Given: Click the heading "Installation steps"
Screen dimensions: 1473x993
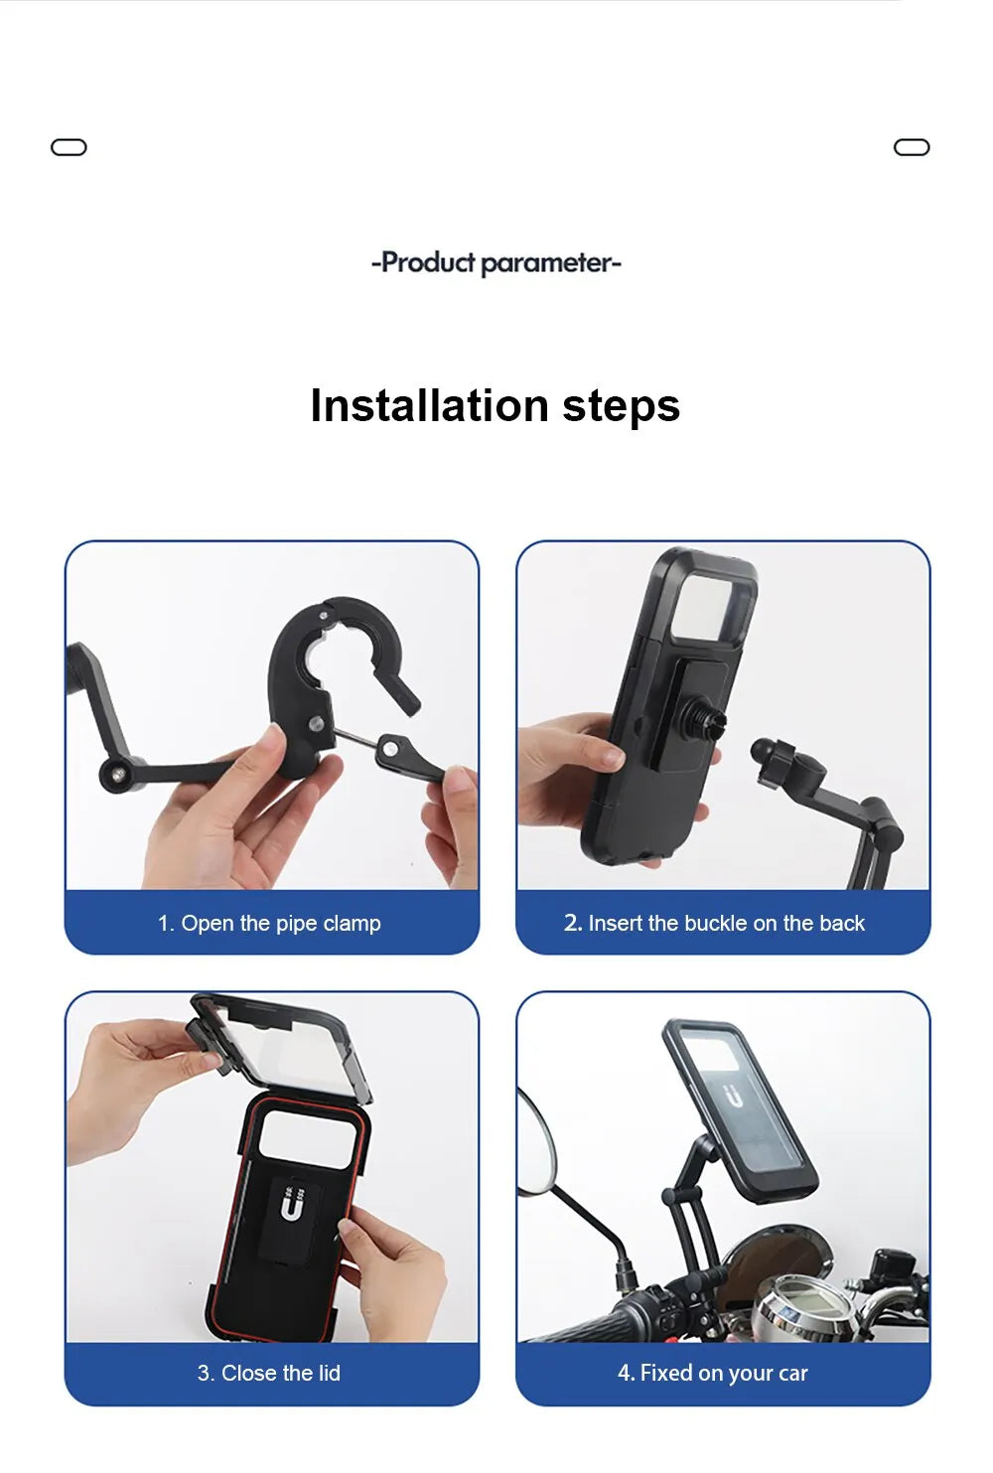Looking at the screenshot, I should click(x=495, y=405).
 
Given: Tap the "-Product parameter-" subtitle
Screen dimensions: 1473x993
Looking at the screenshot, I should click(x=496, y=263).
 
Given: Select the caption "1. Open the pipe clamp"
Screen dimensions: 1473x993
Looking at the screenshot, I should click(x=269, y=923).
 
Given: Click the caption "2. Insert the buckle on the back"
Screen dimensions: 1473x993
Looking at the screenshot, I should click(x=714, y=923).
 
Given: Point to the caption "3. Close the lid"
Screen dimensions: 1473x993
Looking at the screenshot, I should click(x=269, y=1373).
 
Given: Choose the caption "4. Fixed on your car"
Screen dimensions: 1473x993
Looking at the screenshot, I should click(x=713, y=1373).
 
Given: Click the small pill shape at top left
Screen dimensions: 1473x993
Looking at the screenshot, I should click(x=69, y=148).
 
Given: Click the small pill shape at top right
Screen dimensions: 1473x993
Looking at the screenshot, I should click(x=912, y=148).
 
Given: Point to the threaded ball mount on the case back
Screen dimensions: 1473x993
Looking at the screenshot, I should click(x=708, y=719).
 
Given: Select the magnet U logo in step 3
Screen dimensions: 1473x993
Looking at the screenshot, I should click(x=291, y=1205).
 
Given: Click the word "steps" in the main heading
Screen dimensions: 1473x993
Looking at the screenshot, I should click(x=621, y=405).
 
